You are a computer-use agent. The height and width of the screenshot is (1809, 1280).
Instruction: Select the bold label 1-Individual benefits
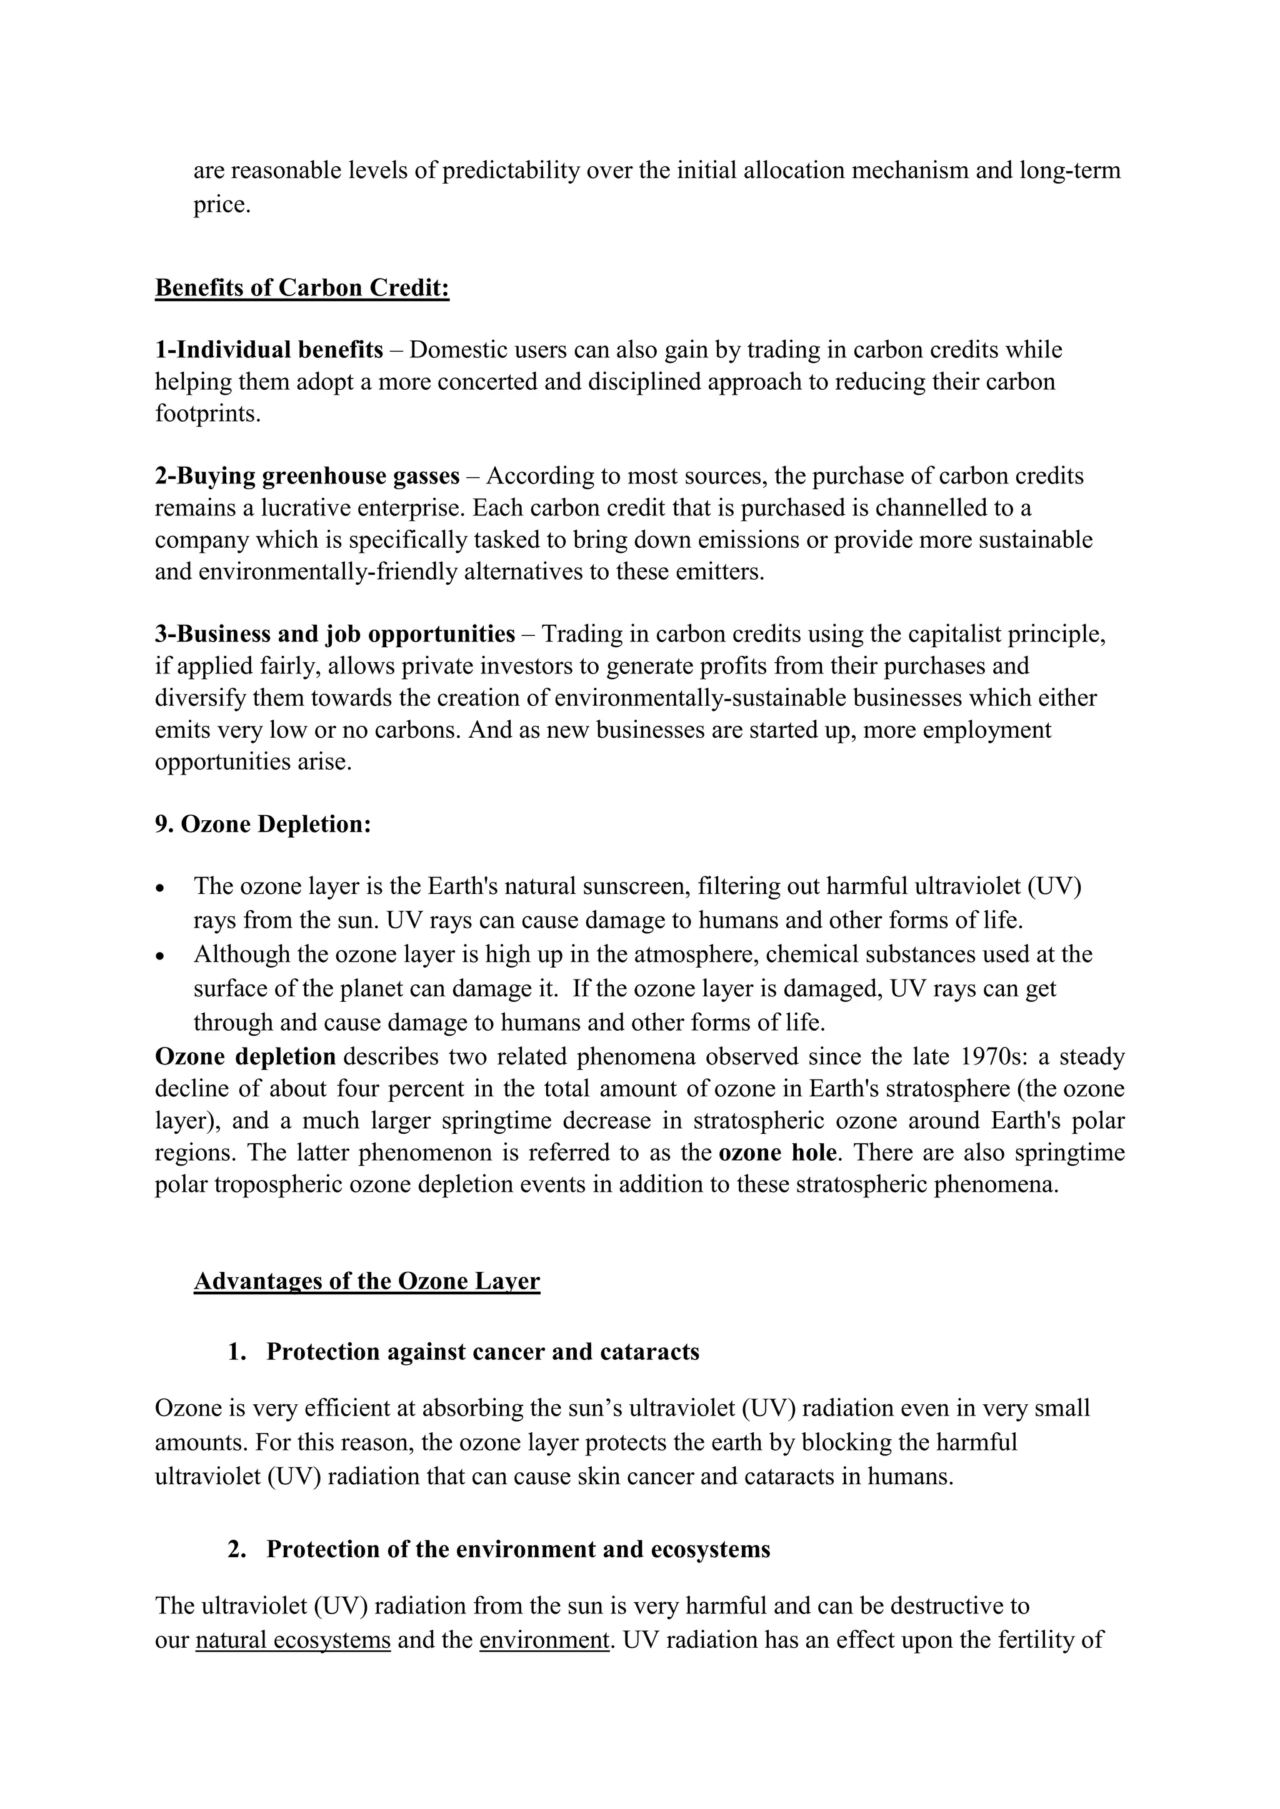[269, 350]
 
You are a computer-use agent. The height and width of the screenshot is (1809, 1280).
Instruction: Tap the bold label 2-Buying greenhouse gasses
[307, 476]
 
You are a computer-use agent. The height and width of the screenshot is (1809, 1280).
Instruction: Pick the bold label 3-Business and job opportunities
[335, 634]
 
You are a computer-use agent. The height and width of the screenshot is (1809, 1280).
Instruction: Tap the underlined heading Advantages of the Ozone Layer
[366, 1282]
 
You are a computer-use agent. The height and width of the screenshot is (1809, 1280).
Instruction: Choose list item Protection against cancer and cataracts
[482, 1352]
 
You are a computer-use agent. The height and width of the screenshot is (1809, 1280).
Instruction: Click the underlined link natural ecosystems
[292, 1640]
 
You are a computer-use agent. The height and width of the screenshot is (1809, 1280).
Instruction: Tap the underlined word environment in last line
[544, 1640]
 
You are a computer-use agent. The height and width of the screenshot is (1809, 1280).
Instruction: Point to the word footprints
[206, 414]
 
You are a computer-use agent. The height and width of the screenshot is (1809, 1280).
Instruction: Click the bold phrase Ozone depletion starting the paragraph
[245, 1056]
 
